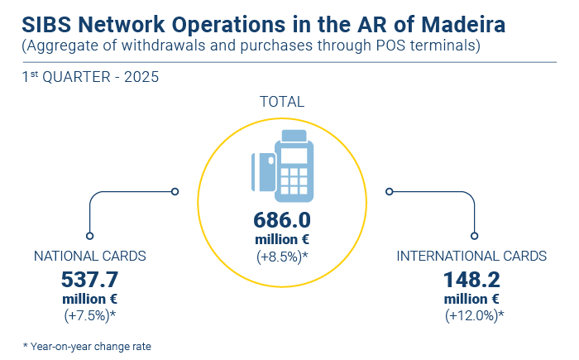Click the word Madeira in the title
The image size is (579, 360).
[463, 25]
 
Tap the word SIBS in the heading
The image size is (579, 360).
[46, 25]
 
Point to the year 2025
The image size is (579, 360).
[141, 77]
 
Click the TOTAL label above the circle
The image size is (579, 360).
[282, 102]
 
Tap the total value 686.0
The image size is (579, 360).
[282, 220]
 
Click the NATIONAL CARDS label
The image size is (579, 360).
[89, 256]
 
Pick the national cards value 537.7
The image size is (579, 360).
[89, 280]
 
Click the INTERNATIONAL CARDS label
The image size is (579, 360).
[471, 256]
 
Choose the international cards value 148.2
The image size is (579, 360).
[471, 280]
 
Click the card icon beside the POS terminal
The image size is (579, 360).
[263, 172]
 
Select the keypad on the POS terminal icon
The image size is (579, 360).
[294, 181]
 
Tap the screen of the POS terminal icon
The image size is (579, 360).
[294, 156]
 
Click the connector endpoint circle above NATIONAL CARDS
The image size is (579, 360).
[89, 236]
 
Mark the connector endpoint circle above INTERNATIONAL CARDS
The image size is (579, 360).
[475, 236]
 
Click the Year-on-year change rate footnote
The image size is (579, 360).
[87, 347]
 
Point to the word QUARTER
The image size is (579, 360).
[76, 77]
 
